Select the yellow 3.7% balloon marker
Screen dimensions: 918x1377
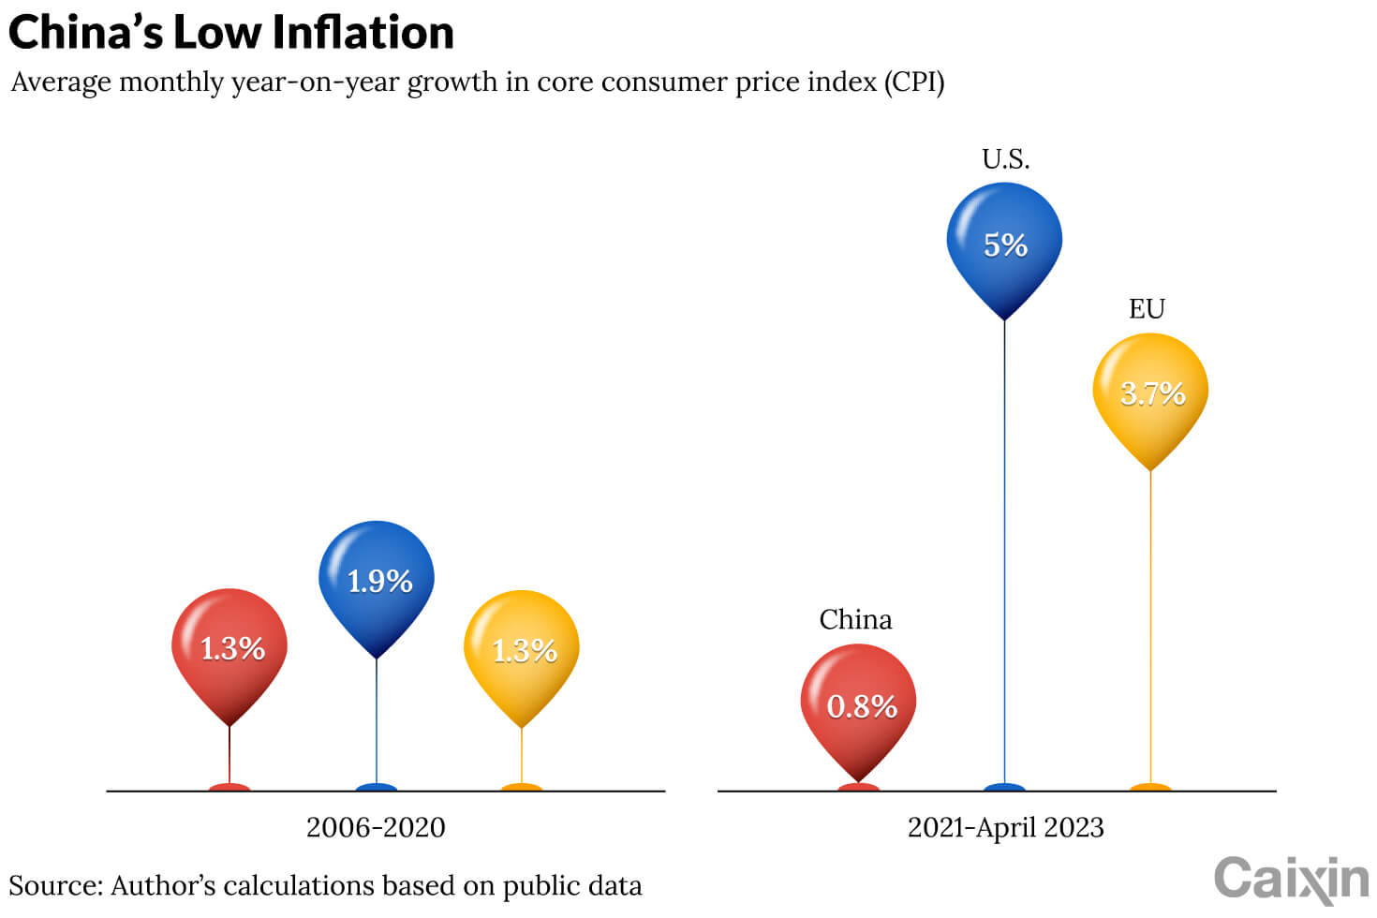tap(1150, 393)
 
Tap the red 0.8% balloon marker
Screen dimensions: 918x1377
tap(858, 704)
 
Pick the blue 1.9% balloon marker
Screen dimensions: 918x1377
tap(377, 581)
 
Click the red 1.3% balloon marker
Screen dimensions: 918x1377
tap(229, 648)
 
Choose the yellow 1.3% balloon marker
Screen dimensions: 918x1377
tap(522, 650)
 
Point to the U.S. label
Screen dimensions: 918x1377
tap(1005, 159)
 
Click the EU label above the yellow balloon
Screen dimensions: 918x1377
tap(1147, 309)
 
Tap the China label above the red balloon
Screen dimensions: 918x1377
tap(855, 620)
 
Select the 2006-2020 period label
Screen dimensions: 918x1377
tap(376, 828)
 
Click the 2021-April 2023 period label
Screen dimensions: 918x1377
tap(1005, 828)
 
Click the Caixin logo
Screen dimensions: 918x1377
tap(1291, 880)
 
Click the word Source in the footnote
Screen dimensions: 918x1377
tap(54, 886)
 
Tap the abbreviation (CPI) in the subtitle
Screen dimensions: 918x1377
tap(913, 82)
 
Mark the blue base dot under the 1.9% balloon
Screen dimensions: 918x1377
tap(377, 787)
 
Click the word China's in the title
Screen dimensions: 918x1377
tap(86, 33)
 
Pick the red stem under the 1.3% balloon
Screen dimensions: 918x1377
tap(229, 754)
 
